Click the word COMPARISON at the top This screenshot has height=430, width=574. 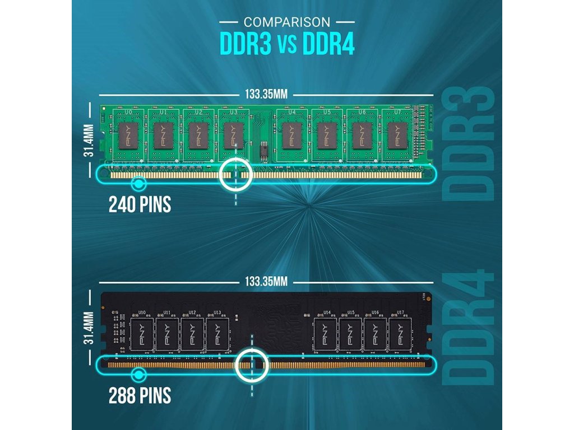point(286,22)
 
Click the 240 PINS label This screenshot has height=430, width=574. point(139,205)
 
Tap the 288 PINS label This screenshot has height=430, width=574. point(139,396)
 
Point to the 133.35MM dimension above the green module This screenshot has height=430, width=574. point(266,94)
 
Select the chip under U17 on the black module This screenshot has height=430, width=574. point(398,334)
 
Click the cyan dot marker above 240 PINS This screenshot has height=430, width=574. point(138,183)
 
